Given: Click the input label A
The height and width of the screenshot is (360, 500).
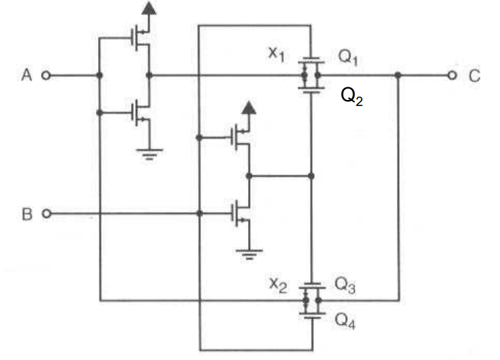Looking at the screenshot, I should tap(27, 76).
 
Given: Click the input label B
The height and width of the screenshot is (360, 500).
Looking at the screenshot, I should tap(27, 215).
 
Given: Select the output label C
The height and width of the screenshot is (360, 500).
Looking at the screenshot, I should tap(474, 76).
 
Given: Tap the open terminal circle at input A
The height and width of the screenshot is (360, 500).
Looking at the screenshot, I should tap(45, 76).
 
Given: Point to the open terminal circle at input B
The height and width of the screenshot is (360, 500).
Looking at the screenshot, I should tap(45, 214).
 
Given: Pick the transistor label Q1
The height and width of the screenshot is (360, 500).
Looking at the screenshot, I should tap(348, 57).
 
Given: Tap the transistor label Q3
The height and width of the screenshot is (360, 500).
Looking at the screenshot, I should tap(345, 284).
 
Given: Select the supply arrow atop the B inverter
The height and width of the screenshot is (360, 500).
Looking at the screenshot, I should tap(248, 108).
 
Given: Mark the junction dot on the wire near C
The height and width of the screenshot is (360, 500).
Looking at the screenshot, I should tap(398, 75).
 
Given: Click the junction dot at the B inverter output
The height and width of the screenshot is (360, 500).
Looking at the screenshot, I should tap(248, 176).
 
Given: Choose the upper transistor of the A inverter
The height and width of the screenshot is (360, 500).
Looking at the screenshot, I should tap(140, 39).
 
